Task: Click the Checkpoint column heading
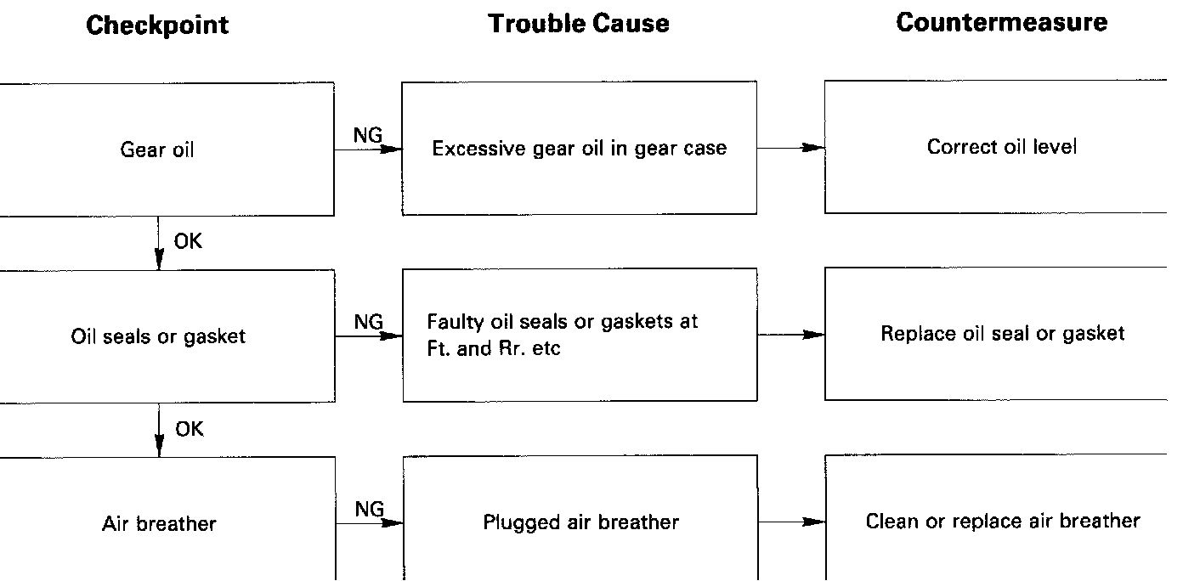click(157, 25)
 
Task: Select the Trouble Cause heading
click(579, 23)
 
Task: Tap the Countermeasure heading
click(1001, 22)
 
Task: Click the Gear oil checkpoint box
click(158, 150)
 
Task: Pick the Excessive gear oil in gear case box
click(579, 149)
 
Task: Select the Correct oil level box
click(1001, 147)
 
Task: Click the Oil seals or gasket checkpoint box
click(158, 336)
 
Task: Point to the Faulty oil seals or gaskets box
click(579, 335)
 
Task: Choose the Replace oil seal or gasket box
click(1001, 333)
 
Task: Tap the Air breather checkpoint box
click(159, 522)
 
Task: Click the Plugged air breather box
click(580, 521)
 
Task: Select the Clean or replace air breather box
click(1002, 520)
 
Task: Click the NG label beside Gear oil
click(368, 135)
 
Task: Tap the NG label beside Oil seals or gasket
click(369, 322)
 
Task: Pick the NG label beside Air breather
click(369, 509)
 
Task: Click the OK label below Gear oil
click(188, 242)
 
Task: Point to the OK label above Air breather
click(189, 430)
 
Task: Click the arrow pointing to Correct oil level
click(790, 148)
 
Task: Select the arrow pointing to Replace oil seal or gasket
click(790, 335)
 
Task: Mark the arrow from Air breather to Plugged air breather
click(370, 523)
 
